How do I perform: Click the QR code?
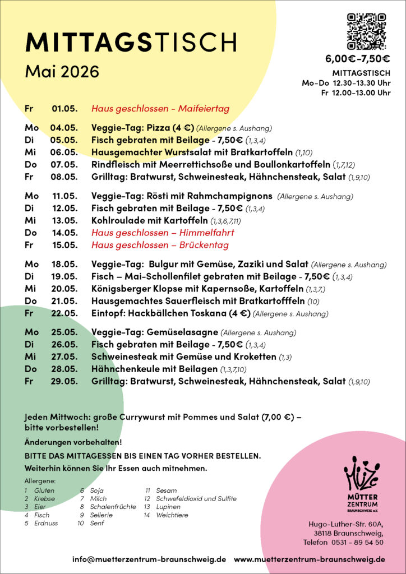tap(366, 31)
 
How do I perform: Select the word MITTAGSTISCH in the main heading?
tap(131, 42)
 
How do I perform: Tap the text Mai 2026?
tap(62, 72)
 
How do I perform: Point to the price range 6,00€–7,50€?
tap(358, 59)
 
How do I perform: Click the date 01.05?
tap(64, 108)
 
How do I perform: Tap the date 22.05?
tap(64, 313)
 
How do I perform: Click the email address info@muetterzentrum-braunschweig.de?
tap(149, 559)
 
